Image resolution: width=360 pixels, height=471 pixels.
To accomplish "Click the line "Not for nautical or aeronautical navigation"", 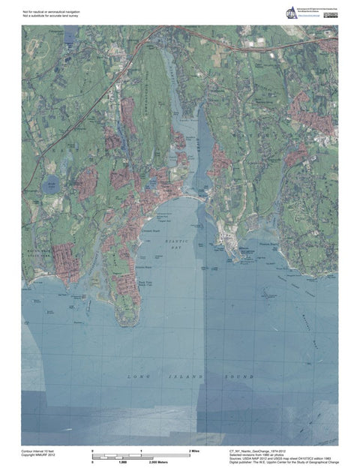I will (x=51, y=12).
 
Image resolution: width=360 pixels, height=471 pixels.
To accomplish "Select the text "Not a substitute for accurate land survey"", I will (x=51, y=16).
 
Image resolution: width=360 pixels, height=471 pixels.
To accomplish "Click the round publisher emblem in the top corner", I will (x=291, y=13).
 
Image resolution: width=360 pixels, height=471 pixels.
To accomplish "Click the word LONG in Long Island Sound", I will (x=139, y=373).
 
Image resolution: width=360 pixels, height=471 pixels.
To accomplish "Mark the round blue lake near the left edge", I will (x=50, y=184).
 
